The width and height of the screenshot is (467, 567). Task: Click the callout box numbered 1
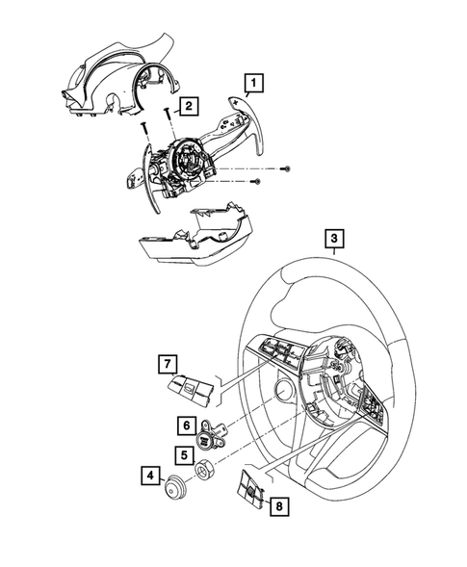coord(254,83)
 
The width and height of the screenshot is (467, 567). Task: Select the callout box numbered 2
coord(189,106)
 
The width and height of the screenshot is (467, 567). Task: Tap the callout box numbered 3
coord(334,239)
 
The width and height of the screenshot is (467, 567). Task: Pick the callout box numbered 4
coord(150,476)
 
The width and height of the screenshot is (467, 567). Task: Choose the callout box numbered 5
coord(185,455)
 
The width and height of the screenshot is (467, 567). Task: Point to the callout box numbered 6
coord(187,425)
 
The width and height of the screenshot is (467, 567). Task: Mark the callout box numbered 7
coord(168,364)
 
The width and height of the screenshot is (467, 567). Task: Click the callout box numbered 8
coord(279,506)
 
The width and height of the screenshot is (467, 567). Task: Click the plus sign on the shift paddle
coord(237,103)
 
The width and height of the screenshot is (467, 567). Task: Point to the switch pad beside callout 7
coord(191,390)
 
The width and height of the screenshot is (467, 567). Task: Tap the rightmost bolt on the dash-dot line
coord(286,168)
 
